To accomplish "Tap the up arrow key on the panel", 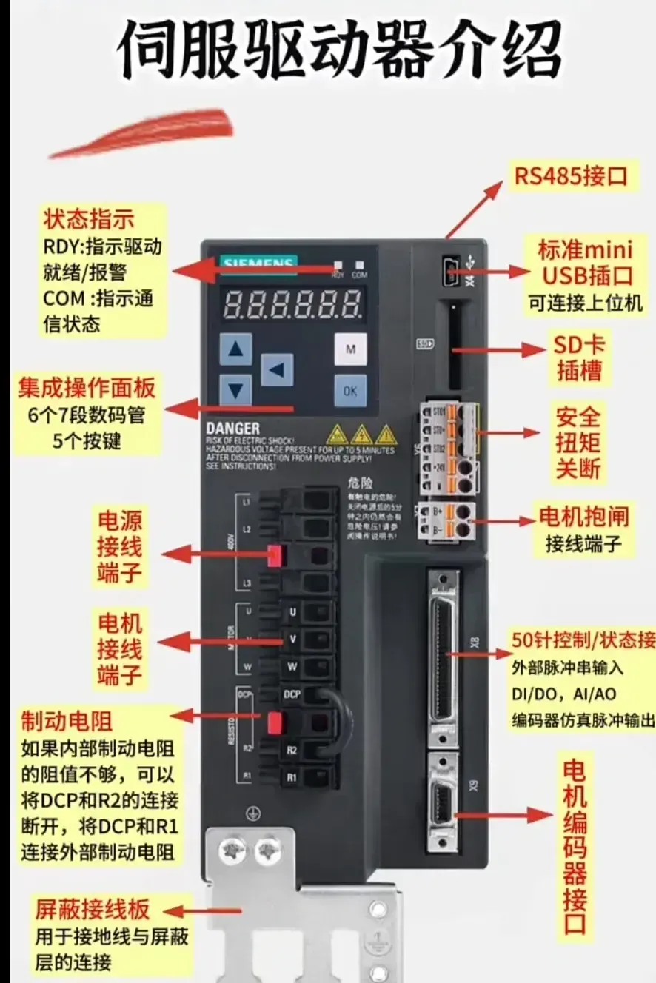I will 235,349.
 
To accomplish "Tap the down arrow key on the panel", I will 235,389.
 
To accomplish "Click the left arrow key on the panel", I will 276,369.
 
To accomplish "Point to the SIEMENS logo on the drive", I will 258,264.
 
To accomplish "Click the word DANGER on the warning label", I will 232,428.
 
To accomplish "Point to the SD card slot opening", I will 454,344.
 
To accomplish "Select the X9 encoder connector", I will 443,803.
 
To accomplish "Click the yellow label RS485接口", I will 571,176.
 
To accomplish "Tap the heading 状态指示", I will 89,220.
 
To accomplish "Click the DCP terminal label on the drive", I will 291,695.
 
